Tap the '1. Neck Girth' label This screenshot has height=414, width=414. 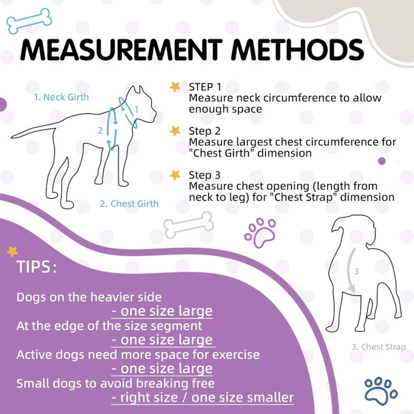61,97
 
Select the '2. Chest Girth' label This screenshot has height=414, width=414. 129,203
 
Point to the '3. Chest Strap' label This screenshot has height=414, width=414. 379,347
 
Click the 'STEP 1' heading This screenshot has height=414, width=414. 205,87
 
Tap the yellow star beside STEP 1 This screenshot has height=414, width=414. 175,87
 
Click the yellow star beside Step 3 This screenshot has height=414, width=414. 175,175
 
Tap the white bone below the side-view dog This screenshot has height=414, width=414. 189,223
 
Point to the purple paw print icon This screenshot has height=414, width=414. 259,232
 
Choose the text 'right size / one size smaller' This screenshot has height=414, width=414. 202,397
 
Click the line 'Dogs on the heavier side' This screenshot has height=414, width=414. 89,297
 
